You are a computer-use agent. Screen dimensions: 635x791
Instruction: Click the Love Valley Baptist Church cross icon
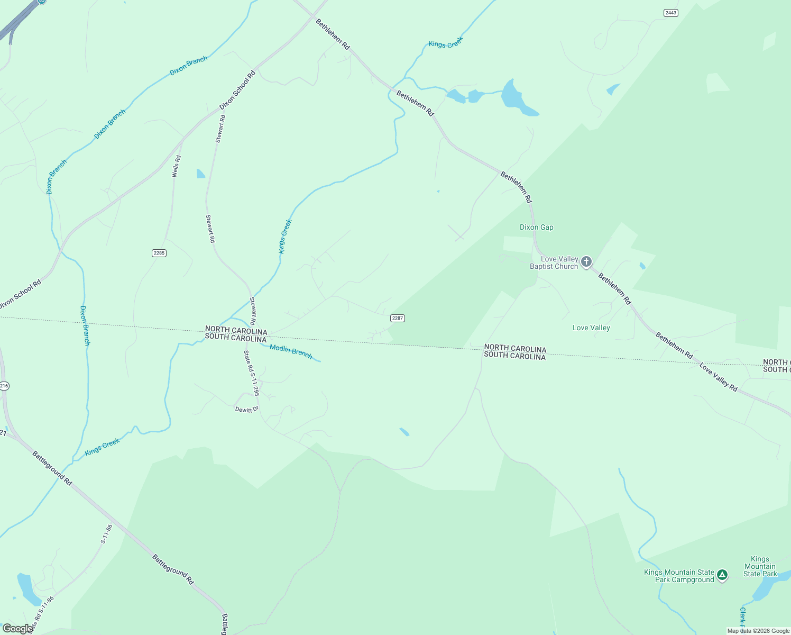[586, 261]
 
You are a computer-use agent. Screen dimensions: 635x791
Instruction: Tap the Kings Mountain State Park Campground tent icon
[722, 575]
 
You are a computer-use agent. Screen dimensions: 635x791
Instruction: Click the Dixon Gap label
[536, 228]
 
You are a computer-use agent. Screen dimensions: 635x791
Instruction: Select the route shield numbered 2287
[398, 318]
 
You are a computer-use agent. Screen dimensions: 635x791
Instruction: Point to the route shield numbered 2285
[159, 253]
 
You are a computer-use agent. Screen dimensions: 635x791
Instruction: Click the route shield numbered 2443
[671, 13]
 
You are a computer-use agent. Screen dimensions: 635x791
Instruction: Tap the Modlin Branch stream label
[291, 351]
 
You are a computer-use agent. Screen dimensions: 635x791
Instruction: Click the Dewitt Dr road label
[247, 410]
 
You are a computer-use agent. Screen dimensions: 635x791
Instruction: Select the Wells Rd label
[177, 166]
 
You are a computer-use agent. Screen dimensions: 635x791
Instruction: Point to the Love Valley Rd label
[718, 377]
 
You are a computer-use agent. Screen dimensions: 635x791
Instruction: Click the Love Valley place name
[591, 328]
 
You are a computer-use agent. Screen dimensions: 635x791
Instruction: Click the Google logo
[17, 629]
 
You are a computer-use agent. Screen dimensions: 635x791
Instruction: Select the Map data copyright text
[758, 631]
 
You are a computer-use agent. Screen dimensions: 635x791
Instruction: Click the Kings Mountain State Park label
[760, 566]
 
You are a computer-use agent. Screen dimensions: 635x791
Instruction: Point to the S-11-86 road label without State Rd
[107, 534]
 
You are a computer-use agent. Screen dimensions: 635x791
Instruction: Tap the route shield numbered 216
[4, 386]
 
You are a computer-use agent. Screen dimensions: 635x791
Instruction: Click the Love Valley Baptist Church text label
[554, 262]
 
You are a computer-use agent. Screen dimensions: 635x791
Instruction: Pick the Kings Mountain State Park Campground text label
[679, 576]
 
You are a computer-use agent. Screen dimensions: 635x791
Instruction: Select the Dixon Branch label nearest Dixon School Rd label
[188, 66]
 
